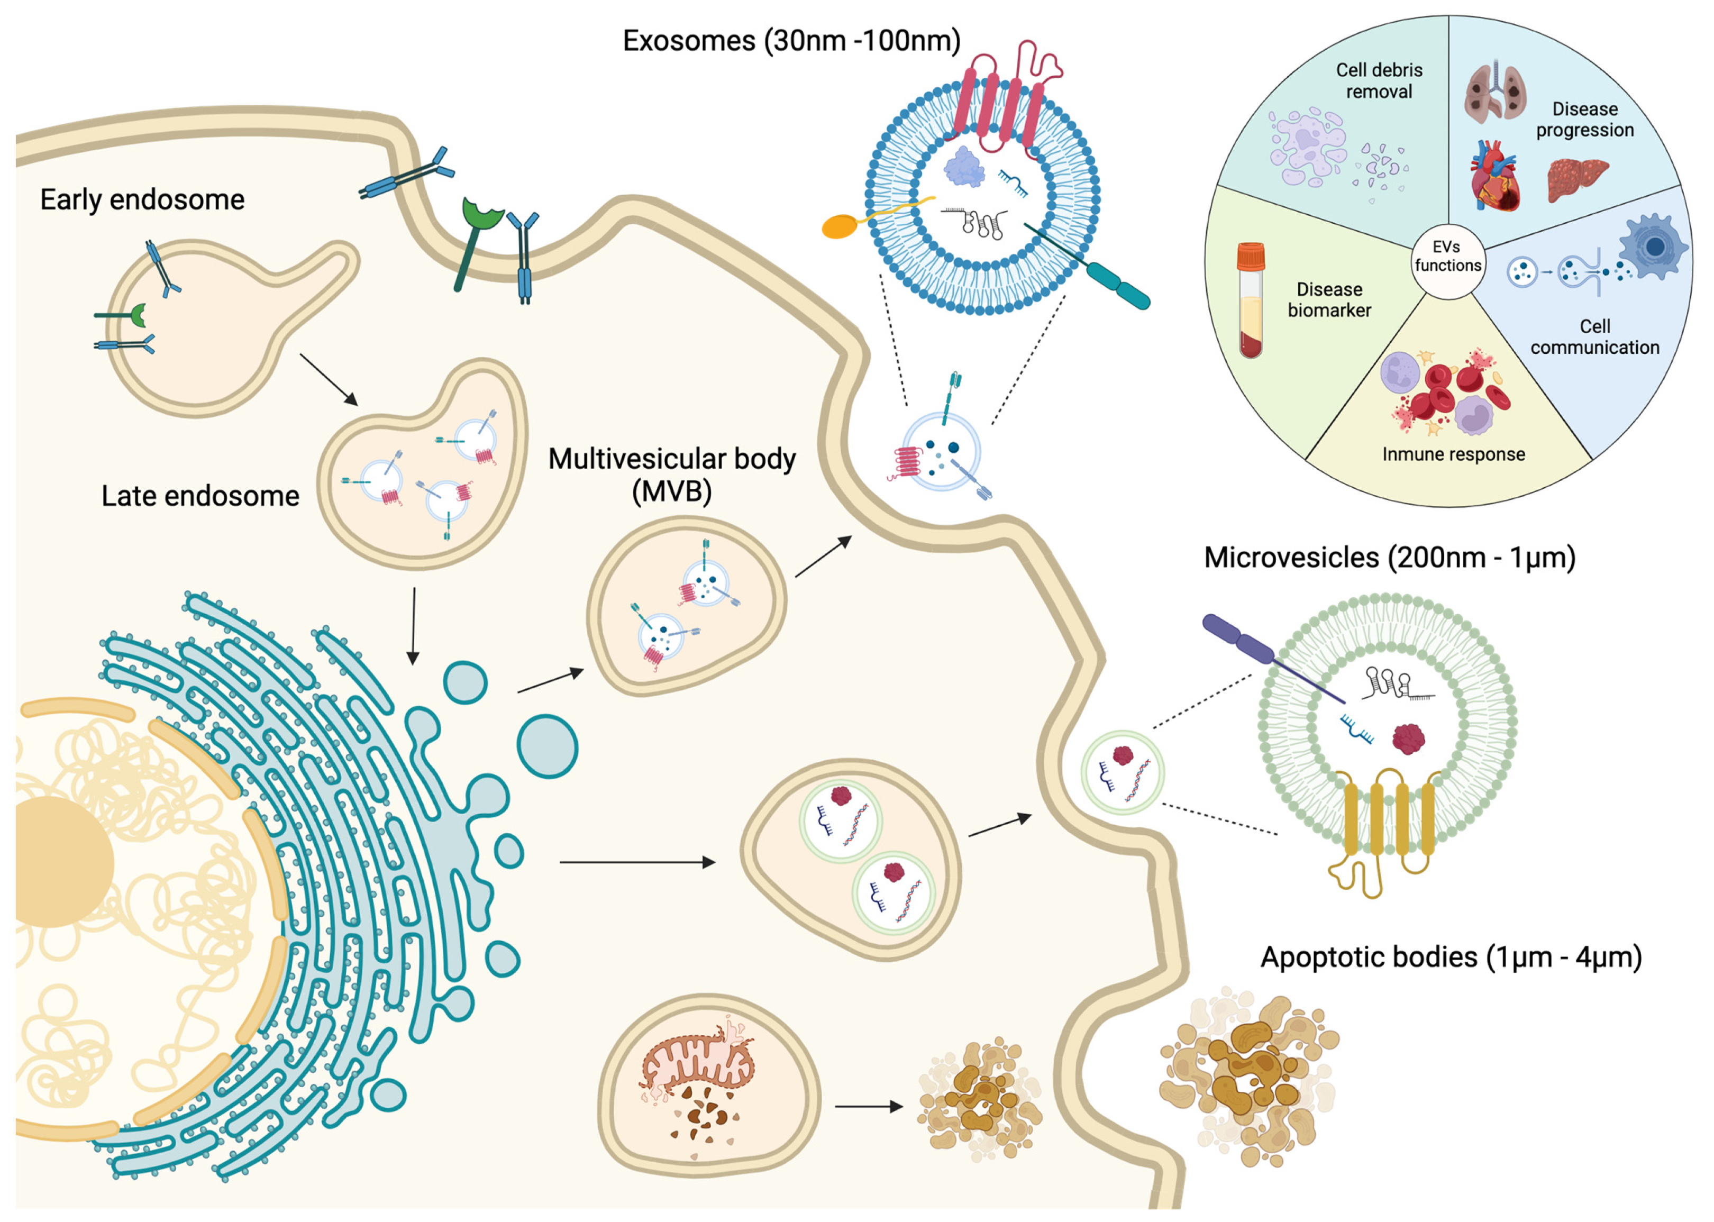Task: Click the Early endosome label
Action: (x=142, y=199)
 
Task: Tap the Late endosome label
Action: (x=200, y=496)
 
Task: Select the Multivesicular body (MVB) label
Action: (x=671, y=474)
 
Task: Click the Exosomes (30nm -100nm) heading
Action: (x=791, y=40)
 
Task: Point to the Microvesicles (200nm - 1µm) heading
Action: (x=1389, y=558)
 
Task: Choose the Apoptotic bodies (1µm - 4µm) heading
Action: (x=1451, y=957)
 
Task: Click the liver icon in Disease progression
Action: (x=1575, y=179)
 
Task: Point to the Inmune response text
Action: (x=1453, y=454)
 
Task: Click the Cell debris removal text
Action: (x=1379, y=80)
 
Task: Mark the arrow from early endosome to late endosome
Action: (x=329, y=379)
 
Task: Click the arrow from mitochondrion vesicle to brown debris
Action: (x=868, y=1106)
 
